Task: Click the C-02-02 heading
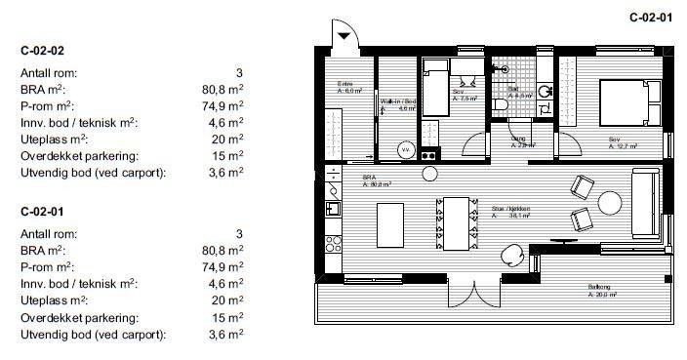pos(42,49)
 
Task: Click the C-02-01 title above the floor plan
pos(651,17)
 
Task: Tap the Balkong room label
pos(601,287)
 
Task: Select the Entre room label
pos(345,84)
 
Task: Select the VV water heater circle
pos(405,150)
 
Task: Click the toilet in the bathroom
pos(500,102)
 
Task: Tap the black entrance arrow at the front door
pos(345,36)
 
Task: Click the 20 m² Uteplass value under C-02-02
pos(227,139)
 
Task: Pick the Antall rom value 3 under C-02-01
pos(238,232)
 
